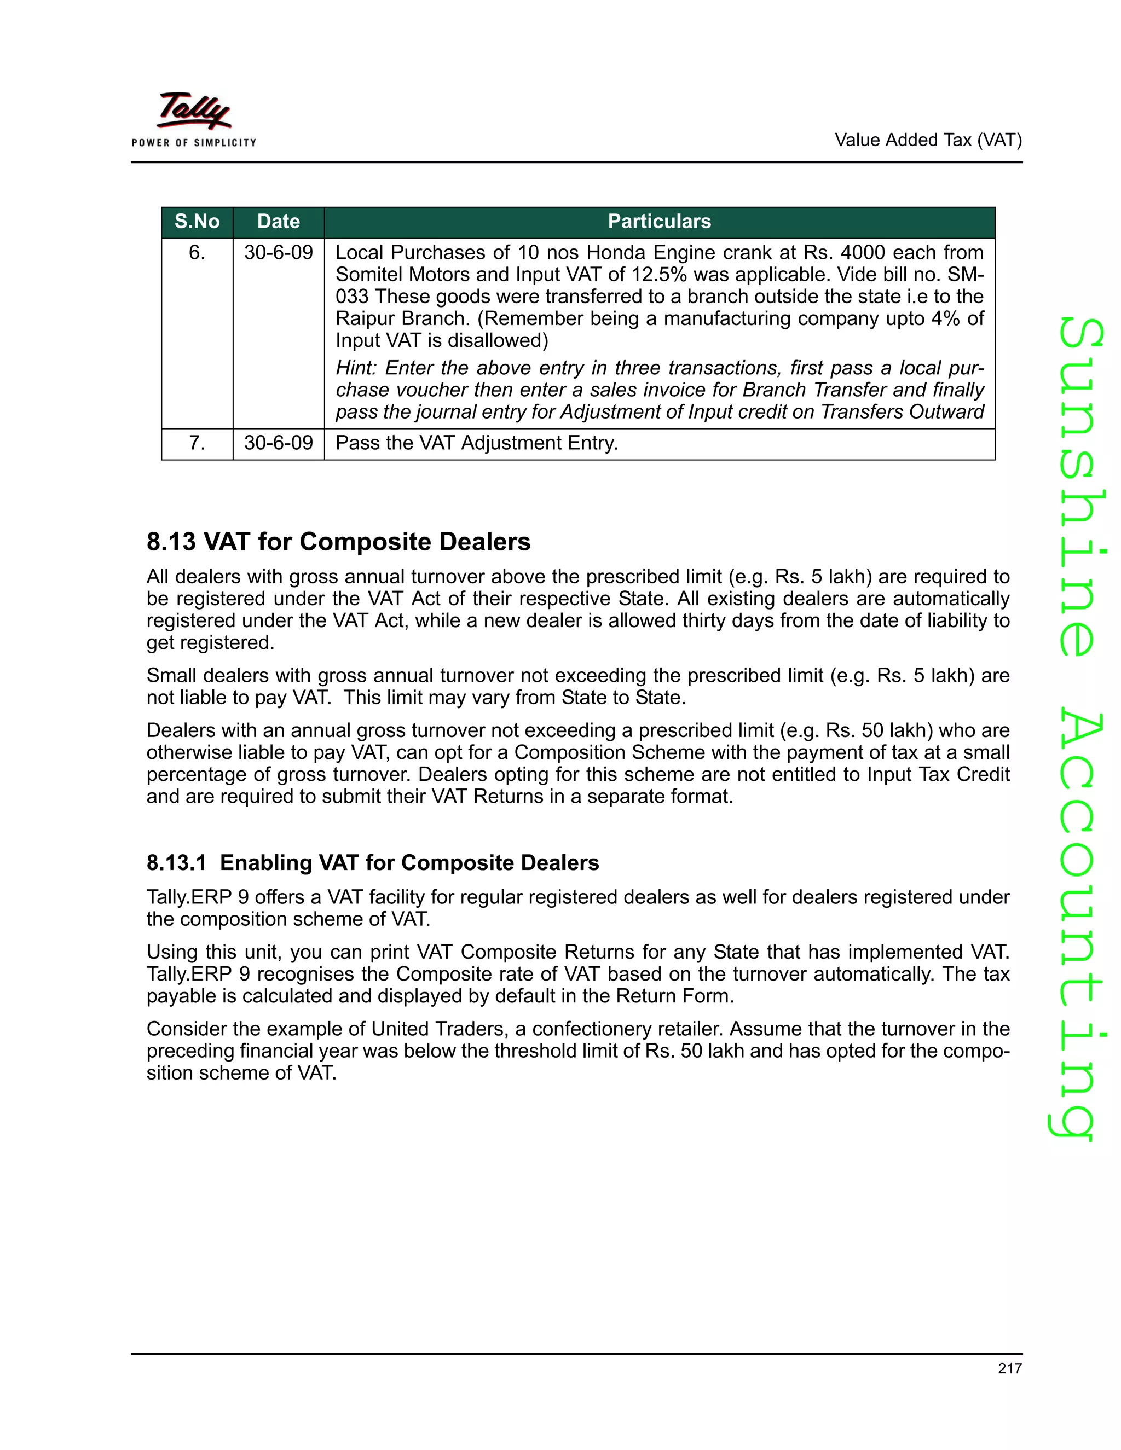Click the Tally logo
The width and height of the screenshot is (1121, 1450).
point(194,110)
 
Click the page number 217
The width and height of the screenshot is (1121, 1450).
point(1009,1368)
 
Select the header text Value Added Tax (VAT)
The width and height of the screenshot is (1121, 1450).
point(928,140)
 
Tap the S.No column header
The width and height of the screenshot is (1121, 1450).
point(197,222)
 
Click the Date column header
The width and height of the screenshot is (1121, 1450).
point(278,222)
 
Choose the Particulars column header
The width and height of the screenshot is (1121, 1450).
point(659,222)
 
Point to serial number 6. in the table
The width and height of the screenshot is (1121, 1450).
point(197,253)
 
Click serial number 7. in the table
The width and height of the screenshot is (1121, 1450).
point(197,443)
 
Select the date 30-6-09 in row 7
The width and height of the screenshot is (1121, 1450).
point(278,443)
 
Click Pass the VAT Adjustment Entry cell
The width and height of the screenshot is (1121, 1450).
point(477,443)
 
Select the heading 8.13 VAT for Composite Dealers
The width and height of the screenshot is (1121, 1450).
point(339,542)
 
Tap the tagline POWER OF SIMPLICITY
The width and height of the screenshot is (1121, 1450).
point(194,143)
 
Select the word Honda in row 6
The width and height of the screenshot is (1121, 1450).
point(616,253)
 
